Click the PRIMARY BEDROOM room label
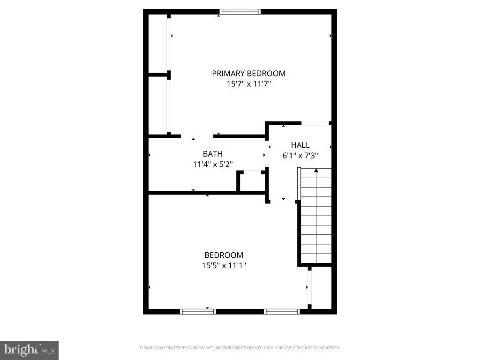click(248, 74)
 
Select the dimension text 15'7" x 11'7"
click(248, 84)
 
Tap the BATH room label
click(212, 154)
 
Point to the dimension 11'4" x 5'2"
click(212, 164)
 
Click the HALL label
click(300, 145)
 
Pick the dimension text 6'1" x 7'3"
click(300, 156)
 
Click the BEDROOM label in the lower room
click(224, 255)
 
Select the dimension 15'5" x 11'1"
click(224, 266)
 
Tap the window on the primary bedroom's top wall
click(240, 12)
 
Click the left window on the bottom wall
click(198, 311)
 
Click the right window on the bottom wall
click(281, 311)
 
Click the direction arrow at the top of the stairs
click(316, 171)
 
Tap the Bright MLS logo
click(29, 350)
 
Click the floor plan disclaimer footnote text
click(240, 348)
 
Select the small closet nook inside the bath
click(252, 181)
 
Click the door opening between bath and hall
click(267, 155)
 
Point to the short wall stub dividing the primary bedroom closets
click(158, 74)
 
